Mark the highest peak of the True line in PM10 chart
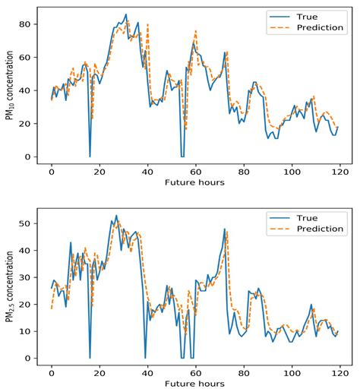[x=125, y=14]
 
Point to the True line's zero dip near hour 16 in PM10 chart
[x=90, y=156]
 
